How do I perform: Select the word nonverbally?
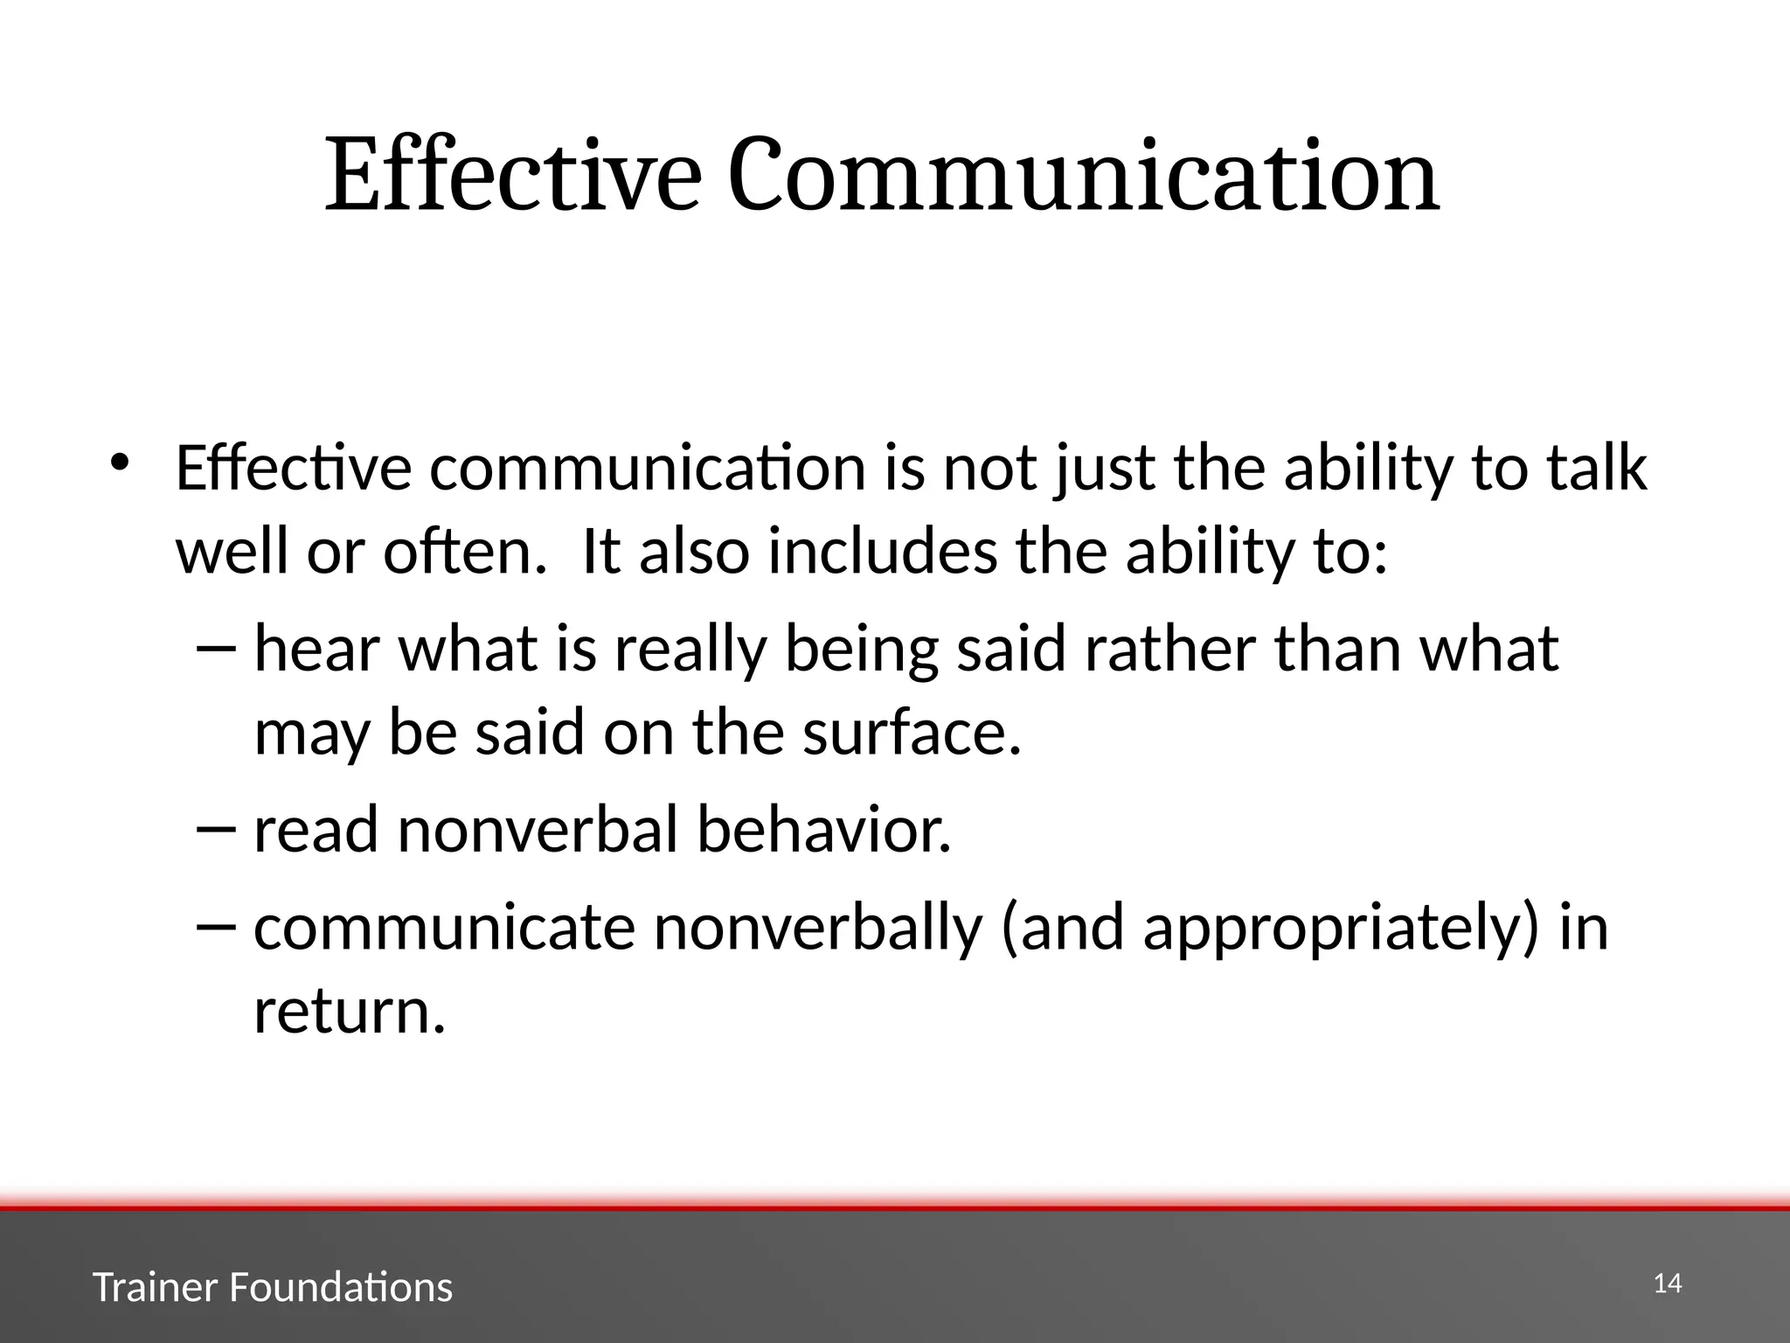tap(817, 929)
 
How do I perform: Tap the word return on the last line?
tap(348, 1012)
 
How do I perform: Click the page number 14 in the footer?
tap(1667, 1284)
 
